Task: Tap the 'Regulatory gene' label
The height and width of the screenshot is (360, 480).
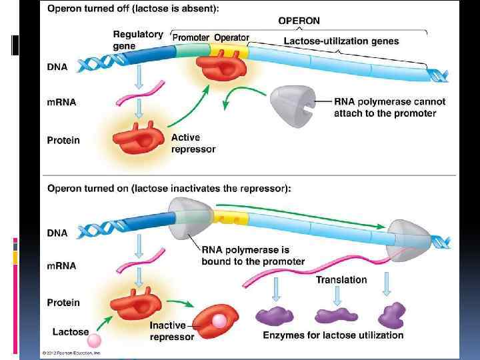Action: pos(137,40)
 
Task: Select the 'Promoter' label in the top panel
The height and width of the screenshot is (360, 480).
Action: pos(191,38)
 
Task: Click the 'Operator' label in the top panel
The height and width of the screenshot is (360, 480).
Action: pos(231,38)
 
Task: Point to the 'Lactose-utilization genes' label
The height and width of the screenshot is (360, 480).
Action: pos(341,41)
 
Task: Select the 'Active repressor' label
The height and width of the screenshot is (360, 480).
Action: pos(193,143)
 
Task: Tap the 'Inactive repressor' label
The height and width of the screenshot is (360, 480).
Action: pos(172,331)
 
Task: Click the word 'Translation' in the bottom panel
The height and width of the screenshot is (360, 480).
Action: pos(341,280)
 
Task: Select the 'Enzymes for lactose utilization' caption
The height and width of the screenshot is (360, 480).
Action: pos(333,335)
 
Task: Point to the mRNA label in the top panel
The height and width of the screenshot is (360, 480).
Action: pos(61,102)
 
